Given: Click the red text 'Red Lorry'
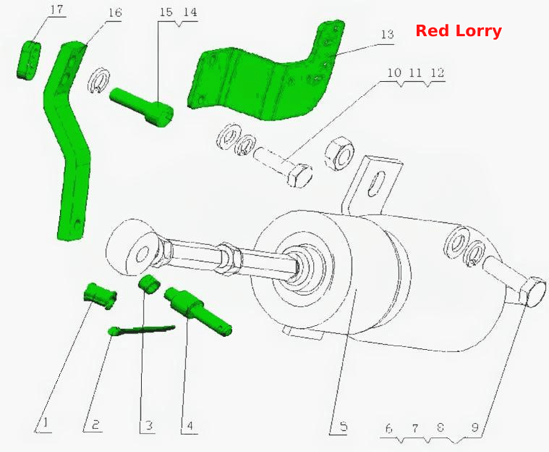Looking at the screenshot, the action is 459,31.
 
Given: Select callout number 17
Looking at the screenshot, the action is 56,9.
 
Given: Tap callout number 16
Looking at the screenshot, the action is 115,12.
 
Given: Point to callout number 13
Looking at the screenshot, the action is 388,34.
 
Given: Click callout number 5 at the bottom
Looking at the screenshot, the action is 343,427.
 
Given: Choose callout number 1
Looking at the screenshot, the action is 45,423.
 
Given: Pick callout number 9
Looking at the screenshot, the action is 474,427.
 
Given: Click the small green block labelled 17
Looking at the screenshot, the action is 28,60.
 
